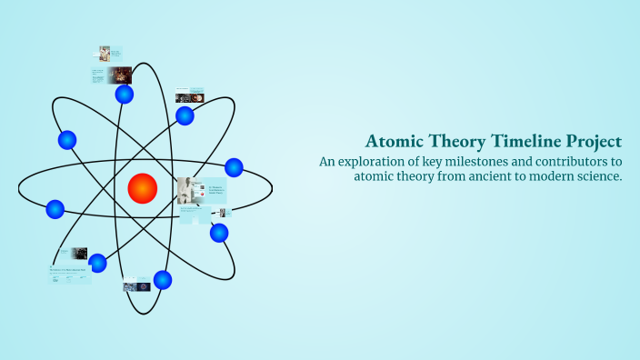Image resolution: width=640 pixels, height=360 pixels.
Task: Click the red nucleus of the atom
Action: coord(143,188)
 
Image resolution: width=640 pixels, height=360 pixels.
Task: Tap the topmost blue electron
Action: coord(125,94)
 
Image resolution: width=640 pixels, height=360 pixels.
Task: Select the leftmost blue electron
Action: coord(55,210)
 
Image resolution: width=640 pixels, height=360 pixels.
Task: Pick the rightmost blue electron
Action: coord(234,167)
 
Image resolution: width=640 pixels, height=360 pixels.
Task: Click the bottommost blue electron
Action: coord(163,280)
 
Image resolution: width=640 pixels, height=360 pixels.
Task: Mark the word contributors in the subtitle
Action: coord(578,162)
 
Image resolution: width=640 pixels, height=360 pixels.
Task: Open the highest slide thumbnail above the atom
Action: coord(105,54)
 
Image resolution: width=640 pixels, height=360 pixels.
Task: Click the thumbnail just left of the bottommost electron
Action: coord(136,285)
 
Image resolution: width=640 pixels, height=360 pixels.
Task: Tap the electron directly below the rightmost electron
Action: coord(219,233)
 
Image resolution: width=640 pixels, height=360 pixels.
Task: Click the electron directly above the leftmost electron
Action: coord(66,140)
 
